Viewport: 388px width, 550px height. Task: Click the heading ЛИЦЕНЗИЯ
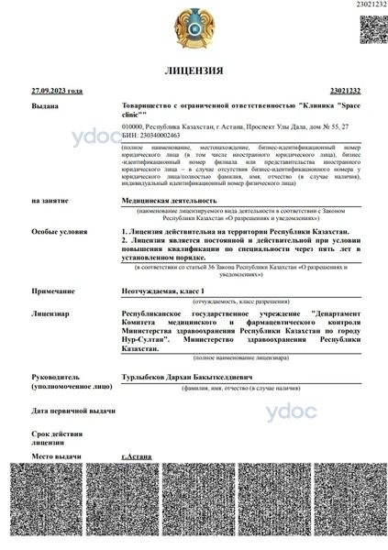coord(194,71)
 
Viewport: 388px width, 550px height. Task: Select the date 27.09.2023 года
coord(57,92)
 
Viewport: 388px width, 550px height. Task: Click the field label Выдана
coord(44,107)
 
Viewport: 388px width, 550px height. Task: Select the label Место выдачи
coord(56,456)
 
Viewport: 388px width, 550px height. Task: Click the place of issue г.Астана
coord(136,456)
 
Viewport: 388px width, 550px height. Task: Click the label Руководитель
coord(56,377)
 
